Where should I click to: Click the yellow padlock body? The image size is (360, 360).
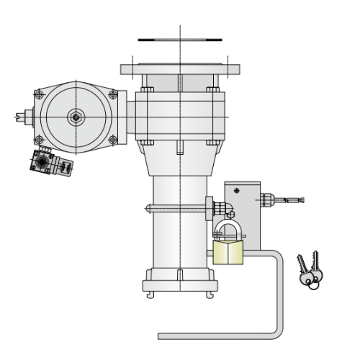pyautogui.click(x=228, y=253)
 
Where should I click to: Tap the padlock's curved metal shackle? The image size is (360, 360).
pyautogui.click(x=228, y=230)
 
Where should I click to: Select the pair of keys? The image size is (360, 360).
pyautogui.click(x=310, y=270)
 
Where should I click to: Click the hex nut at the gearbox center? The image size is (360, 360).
pyautogui.click(x=76, y=117)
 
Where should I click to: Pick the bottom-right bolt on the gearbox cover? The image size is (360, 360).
pyautogui.click(x=112, y=139)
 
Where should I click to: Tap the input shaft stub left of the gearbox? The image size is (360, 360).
pyautogui.click(x=25, y=115)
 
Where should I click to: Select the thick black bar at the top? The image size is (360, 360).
pyautogui.click(x=179, y=39)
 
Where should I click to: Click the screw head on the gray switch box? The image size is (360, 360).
pyautogui.click(x=237, y=190)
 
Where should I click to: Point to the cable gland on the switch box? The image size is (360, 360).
pyautogui.click(x=270, y=198)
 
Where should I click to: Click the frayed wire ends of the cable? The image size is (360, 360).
pyautogui.click(x=301, y=201)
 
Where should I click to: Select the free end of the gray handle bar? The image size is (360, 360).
pyautogui.click(x=162, y=336)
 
